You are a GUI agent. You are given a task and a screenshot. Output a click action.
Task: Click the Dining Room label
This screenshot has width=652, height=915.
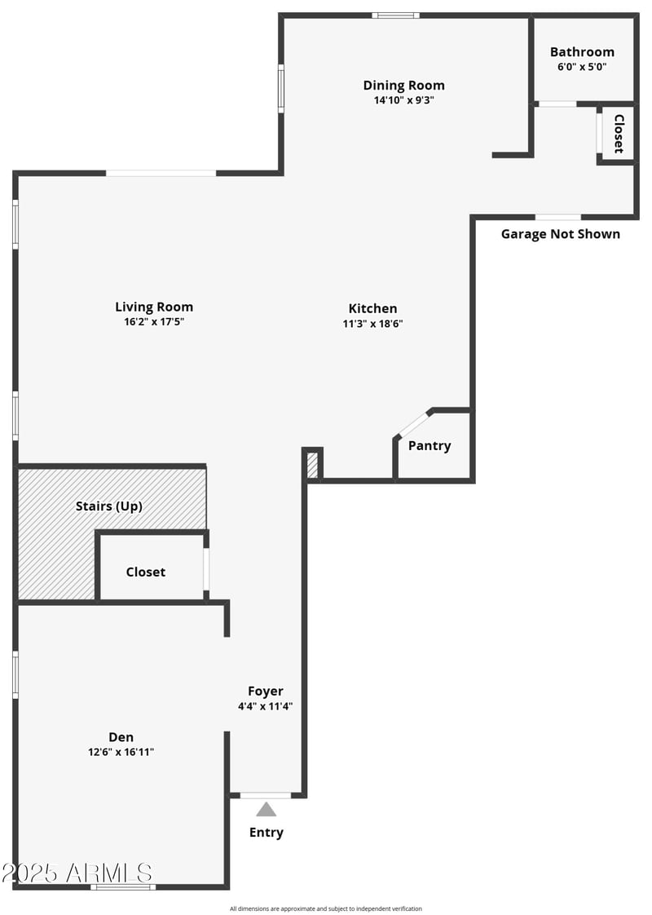point(404,85)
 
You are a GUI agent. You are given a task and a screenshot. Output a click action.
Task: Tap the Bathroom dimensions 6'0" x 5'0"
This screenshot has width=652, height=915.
point(582,68)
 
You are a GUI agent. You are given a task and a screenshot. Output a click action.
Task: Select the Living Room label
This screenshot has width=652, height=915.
point(154,307)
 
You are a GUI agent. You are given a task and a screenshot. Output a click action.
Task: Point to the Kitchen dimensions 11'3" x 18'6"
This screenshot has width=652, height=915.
point(373,323)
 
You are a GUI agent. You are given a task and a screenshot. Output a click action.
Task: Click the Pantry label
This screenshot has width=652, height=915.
point(430,446)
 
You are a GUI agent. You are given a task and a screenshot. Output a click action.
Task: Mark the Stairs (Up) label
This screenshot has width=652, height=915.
point(109,506)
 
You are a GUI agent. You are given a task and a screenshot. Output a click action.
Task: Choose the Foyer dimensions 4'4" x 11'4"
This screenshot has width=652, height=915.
point(266,707)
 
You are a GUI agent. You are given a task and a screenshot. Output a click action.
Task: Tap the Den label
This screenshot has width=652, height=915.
point(121,736)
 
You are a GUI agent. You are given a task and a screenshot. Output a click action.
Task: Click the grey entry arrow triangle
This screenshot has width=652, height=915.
point(267,810)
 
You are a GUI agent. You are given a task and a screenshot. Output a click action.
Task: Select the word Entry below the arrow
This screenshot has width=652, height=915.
point(267,833)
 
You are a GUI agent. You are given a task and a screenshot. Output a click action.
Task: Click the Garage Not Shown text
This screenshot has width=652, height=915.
point(560,234)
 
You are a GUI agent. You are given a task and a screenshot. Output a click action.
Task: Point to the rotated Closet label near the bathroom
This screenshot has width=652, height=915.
point(619,134)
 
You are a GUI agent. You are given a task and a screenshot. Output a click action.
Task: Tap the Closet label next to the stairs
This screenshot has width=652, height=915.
point(146,572)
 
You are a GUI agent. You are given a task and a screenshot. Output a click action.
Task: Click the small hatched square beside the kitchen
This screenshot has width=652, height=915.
point(312,466)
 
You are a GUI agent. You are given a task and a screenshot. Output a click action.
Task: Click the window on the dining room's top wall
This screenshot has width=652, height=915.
point(396,15)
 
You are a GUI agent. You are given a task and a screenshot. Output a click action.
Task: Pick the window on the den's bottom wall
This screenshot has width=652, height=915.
point(123,886)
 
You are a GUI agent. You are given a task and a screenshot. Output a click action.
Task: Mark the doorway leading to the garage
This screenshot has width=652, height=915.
point(558,217)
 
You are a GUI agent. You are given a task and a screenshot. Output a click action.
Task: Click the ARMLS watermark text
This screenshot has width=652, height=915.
point(77,873)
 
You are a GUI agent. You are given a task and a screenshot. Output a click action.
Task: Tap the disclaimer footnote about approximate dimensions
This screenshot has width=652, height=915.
point(326,908)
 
